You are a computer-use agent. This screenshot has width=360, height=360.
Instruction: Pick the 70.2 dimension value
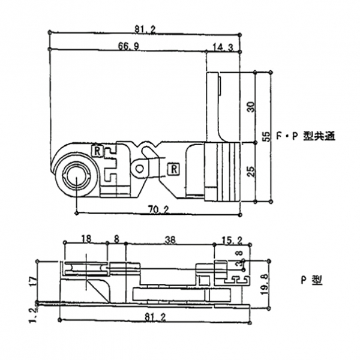tap(158, 209)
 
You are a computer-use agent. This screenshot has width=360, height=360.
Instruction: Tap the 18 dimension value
tap(85, 238)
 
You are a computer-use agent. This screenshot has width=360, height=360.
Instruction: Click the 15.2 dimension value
tap(232, 240)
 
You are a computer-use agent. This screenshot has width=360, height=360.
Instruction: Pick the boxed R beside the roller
tap(97, 150)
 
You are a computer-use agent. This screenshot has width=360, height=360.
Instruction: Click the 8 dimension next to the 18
tap(116, 238)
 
